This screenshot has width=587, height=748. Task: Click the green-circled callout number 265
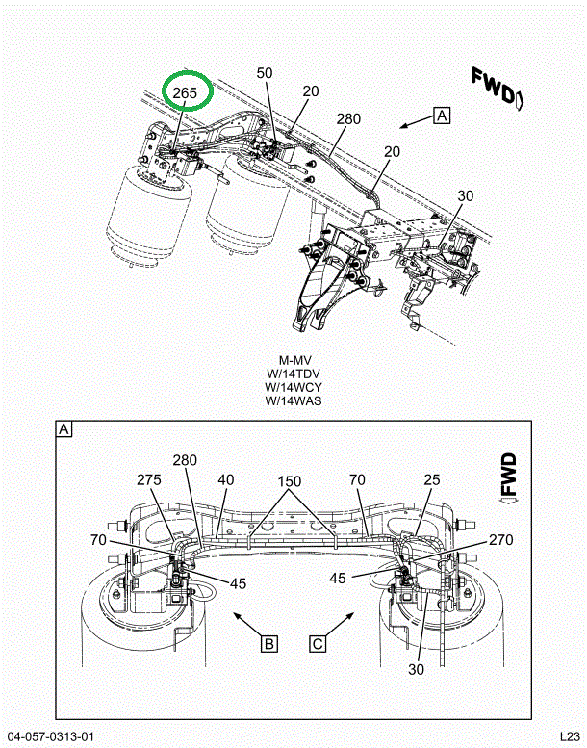coord(185,92)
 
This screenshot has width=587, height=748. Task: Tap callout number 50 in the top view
coord(265,73)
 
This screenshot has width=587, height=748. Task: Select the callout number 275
coord(149,480)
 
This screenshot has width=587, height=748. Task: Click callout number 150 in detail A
coord(290,481)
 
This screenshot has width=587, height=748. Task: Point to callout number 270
coord(500,540)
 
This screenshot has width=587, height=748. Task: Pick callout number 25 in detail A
coord(431,480)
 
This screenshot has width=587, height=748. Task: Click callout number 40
coord(226,480)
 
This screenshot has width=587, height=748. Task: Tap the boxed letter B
coord(269,644)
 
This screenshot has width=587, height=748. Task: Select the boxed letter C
coord(318,644)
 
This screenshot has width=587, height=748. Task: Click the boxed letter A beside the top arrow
coord(442,116)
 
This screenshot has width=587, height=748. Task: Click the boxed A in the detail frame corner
coord(64,429)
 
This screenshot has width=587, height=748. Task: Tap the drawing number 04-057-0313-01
coord(51,736)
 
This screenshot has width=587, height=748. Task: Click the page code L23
coord(570,736)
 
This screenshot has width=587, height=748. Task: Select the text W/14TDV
coord(293,374)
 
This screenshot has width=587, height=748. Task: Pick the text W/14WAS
coord(293,400)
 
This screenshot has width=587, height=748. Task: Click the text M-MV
coord(294,360)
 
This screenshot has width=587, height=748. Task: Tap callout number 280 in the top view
coord(348,118)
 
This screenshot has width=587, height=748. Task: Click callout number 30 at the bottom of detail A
coord(416,670)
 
